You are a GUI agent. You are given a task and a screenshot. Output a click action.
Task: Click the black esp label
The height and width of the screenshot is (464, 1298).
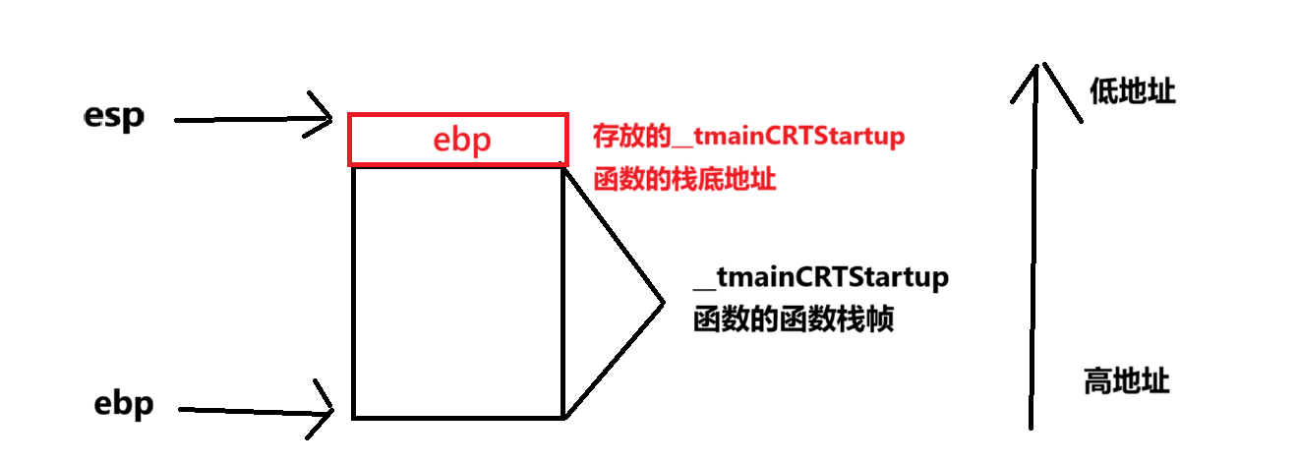114,117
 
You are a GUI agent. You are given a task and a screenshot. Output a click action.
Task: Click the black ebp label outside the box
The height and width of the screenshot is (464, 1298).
124,405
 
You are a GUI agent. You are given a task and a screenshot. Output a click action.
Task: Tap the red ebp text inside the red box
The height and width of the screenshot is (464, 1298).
461,140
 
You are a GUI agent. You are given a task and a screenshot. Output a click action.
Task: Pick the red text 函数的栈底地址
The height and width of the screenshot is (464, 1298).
685,181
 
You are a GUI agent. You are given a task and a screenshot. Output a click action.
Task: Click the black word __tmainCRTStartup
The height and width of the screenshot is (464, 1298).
821,277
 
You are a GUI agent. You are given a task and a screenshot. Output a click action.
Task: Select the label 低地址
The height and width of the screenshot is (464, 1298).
1132,91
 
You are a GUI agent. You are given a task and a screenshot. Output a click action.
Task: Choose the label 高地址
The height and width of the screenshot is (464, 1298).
1126,380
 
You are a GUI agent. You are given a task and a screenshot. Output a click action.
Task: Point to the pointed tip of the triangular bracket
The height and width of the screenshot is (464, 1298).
662,300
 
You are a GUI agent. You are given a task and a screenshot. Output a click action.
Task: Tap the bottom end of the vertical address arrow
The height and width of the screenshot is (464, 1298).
1032,425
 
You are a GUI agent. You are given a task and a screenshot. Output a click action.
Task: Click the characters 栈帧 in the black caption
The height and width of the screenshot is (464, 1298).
867,319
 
